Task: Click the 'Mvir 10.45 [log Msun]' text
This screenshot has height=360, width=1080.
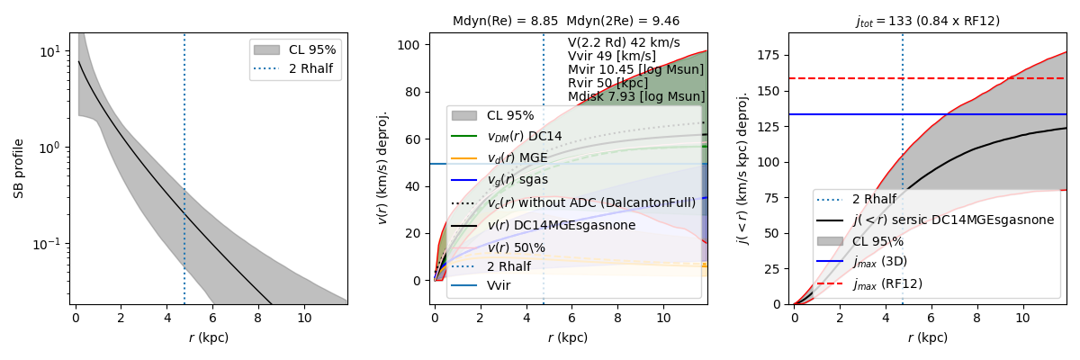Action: coord(635,69)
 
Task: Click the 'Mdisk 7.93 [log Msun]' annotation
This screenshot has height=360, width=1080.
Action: coord(636,96)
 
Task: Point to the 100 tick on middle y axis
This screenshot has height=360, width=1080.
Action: coord(411,45)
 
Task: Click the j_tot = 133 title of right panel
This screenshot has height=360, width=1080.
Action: coord(927,21)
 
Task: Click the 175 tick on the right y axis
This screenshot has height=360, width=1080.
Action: coord(768,56)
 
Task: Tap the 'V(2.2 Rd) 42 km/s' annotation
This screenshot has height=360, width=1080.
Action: coord(624,42)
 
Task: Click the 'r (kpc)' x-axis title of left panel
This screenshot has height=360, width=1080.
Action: coord(209,338)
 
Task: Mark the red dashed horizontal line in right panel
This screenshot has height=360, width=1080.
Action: coord(846,78)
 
